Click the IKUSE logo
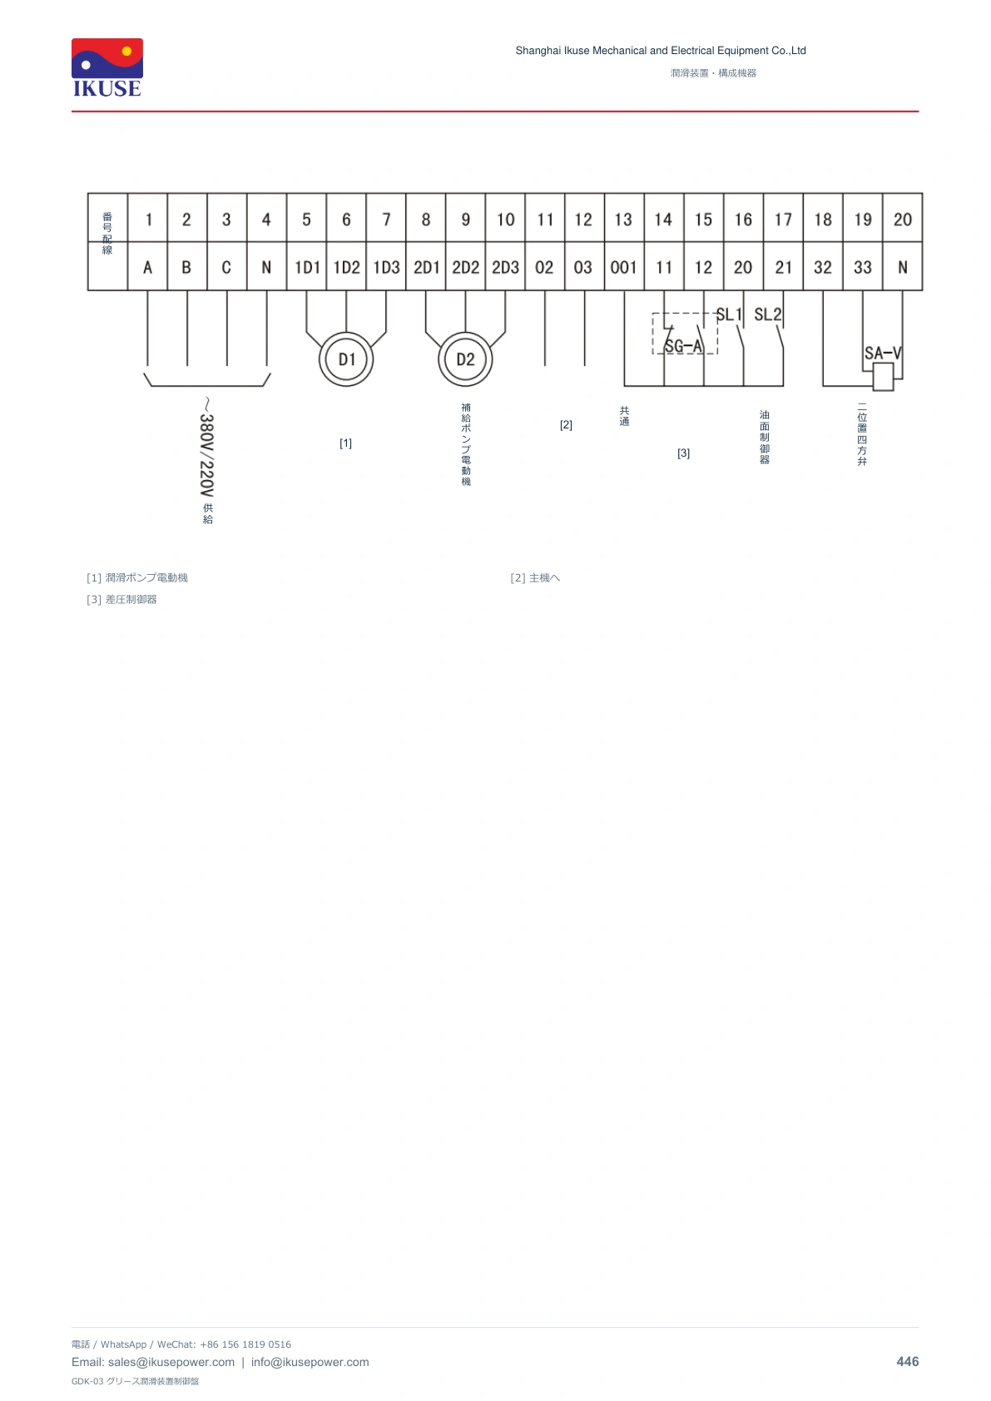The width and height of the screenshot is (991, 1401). click(107, 67)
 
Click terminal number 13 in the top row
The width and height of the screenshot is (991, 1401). click(623, 220)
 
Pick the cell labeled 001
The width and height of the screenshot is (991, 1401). click(623, 268)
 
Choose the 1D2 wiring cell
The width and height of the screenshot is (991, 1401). click(347, 268)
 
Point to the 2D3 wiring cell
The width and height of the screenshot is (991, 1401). click(506, 268)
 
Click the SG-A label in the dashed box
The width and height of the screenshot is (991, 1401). click(684, 346)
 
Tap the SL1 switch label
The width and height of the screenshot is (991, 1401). click(729, 314)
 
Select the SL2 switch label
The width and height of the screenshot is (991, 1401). click(768, 314)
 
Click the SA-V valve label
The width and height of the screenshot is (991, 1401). click(883, 354)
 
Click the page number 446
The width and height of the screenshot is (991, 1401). click(907, 1362)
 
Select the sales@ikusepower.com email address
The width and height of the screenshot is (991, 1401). click(171, 1362)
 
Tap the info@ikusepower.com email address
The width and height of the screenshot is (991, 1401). click(310, 1362)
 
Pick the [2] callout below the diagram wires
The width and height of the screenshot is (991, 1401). click(566, 424)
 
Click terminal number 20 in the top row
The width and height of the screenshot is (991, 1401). click(902, 220)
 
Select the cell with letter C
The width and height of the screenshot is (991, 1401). click(226, 268)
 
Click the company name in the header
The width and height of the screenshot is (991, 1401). click(660, 51)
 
